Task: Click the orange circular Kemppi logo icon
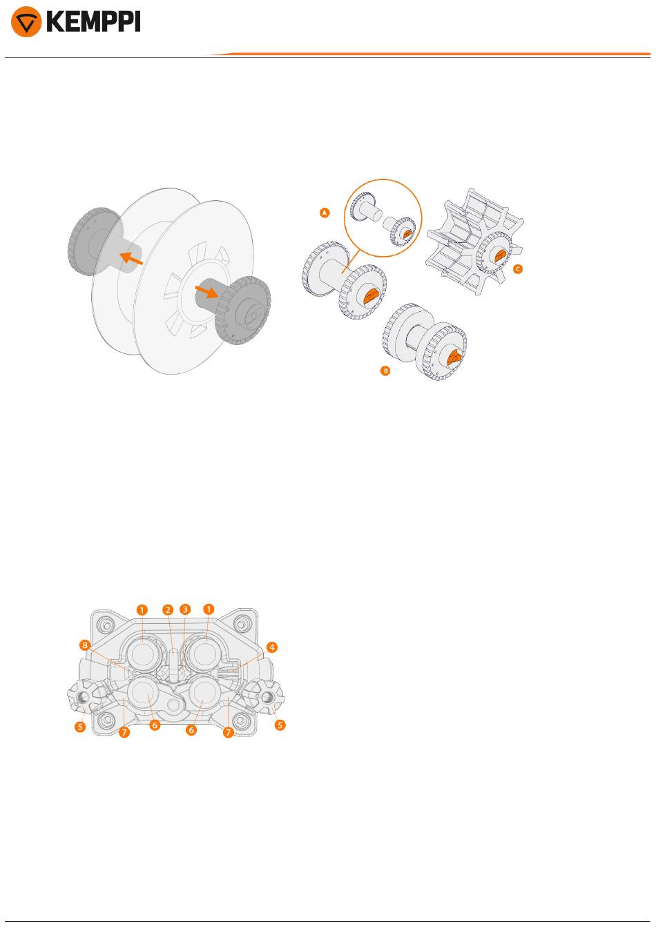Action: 26,21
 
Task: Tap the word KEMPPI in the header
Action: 93,21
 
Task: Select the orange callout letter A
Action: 325,213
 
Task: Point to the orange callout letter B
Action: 385,371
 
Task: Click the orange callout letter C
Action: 517,268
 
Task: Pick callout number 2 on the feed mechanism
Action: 168,609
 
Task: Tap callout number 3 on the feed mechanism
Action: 185,609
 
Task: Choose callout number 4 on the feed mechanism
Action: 271,647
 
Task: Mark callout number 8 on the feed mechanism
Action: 85,645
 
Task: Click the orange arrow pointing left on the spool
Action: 131,257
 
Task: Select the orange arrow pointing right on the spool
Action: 207,292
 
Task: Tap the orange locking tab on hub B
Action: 454,357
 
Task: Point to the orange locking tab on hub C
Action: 500,255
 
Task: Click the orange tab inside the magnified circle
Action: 407,233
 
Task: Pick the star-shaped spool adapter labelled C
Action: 475,242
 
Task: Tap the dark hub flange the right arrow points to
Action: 242,310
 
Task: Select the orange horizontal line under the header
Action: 429,54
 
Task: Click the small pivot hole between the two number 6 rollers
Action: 173,705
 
